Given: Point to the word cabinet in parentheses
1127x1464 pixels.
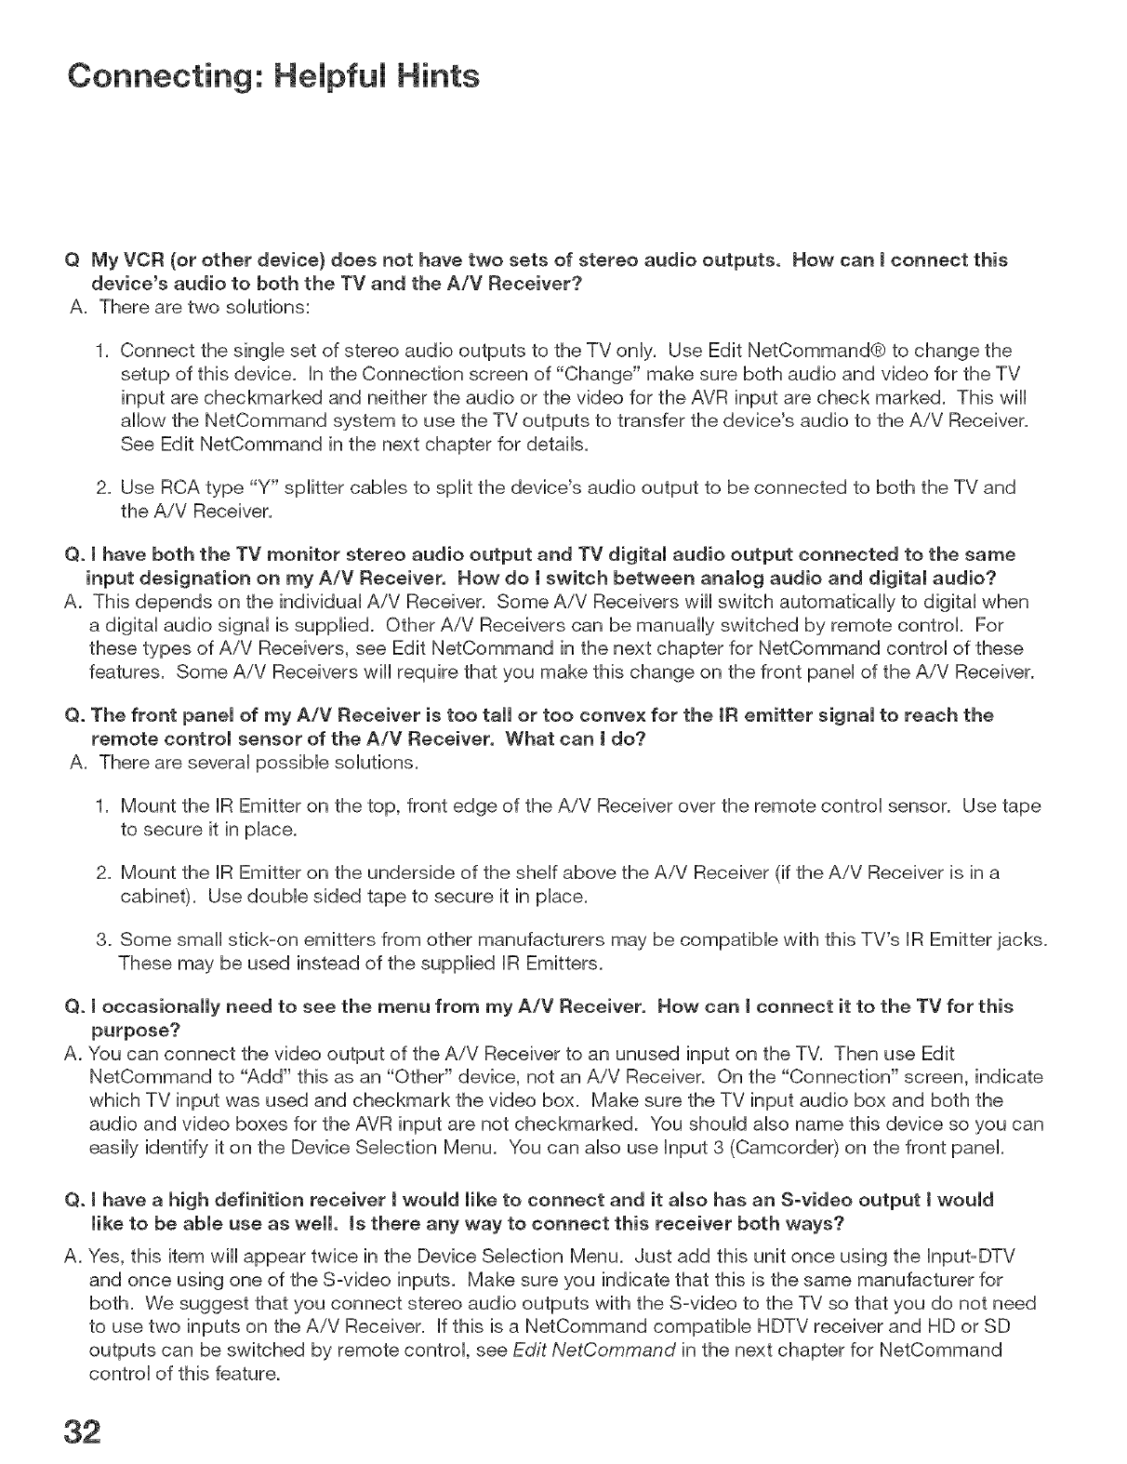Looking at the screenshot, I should [159, 898].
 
